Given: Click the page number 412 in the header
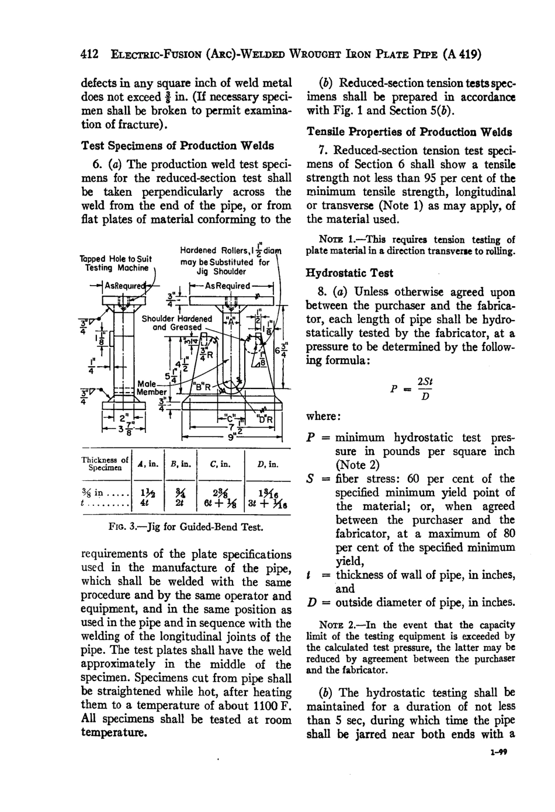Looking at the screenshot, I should (x=89, y=55).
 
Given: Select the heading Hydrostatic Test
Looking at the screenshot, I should (x=349, y=273).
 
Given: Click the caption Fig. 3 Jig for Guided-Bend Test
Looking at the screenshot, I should (x=186, y=528).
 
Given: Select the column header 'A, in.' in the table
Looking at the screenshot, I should (x=148, y=464).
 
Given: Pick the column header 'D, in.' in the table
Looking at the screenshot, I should (x=268, y=464).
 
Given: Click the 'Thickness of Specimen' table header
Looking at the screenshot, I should (x=104, y=464).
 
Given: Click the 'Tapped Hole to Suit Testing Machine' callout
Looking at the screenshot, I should (x=116, y=263).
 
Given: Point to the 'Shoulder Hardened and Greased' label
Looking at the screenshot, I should (x=177, y=323).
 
